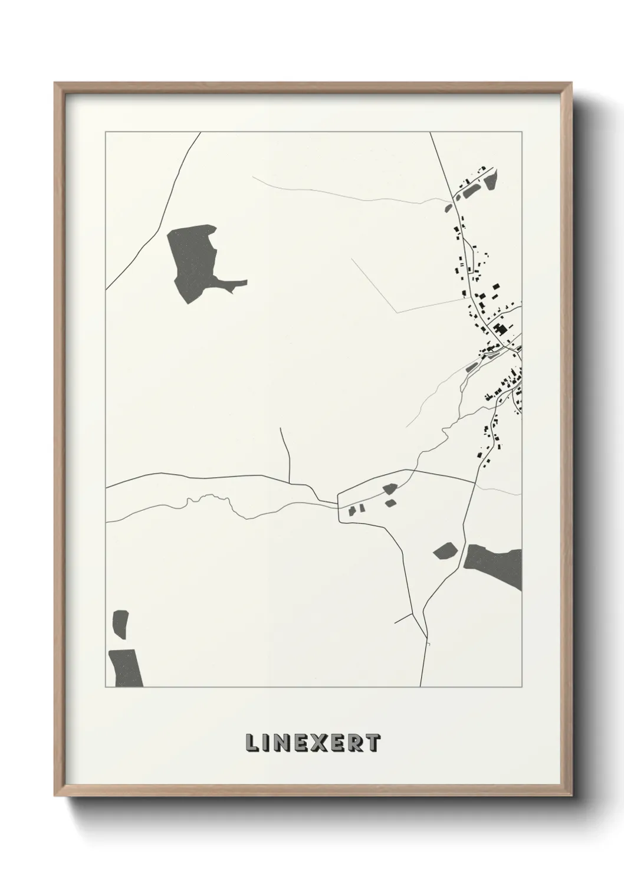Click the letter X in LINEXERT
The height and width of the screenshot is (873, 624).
point(311,743)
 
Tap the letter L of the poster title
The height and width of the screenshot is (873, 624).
point(251,743)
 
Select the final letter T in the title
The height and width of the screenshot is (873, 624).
point(373,743)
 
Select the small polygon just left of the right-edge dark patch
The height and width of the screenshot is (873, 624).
point(445,552)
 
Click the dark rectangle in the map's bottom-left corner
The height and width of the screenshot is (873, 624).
point(125,668)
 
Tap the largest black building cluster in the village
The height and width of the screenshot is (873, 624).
point(500,329)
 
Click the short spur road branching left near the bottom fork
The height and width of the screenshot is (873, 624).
point(405,618)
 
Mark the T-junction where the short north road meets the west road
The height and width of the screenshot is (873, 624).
point(290,481)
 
